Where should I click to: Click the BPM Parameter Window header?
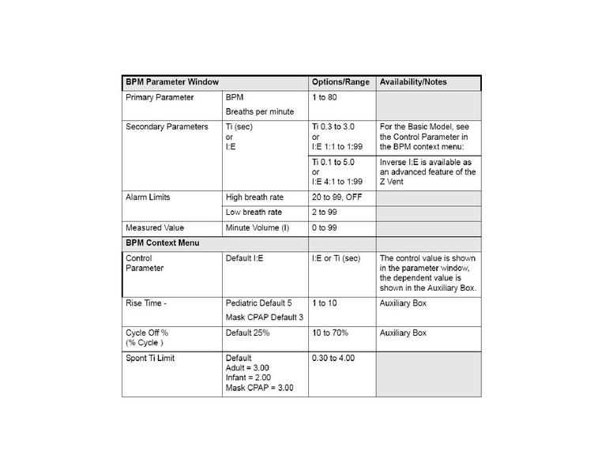coord(171,82)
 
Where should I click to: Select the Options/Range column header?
coord(340,82)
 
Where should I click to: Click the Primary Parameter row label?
coord(160,97)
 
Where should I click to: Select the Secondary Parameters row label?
coord(167,126)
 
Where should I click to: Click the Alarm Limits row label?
coord(149,197)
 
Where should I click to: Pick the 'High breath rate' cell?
coord(254,197)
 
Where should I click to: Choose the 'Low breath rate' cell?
coord(254,213)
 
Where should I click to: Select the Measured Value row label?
coord(155,228)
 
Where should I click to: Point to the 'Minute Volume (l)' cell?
coord(258,228)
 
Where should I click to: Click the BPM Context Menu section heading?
coord(162,243)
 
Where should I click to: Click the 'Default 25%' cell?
coord(248,333)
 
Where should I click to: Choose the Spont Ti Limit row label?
coord(150,359)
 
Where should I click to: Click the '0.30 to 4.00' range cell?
coord(333,359)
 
